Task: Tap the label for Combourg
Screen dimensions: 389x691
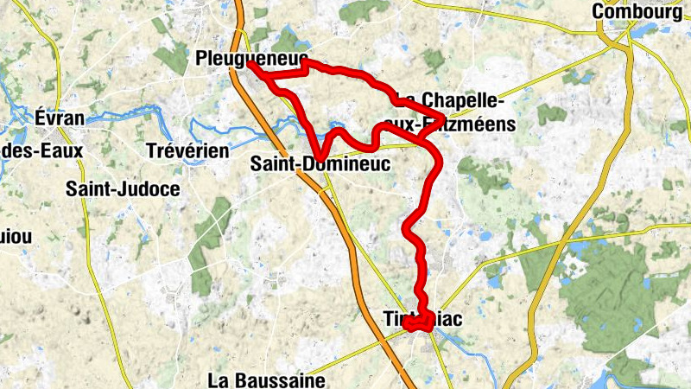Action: coord(638,12)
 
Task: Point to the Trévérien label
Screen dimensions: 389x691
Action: coord(187,150)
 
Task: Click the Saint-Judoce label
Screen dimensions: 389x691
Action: coord(123,188)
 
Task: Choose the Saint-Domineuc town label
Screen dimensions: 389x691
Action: coord(320,163)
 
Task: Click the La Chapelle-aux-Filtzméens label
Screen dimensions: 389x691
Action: coord(454,112)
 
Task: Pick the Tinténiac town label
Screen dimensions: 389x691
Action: coord(422,320)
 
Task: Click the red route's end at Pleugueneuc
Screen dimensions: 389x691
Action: coord(250,63)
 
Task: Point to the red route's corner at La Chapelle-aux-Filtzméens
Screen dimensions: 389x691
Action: coord(443,118)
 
